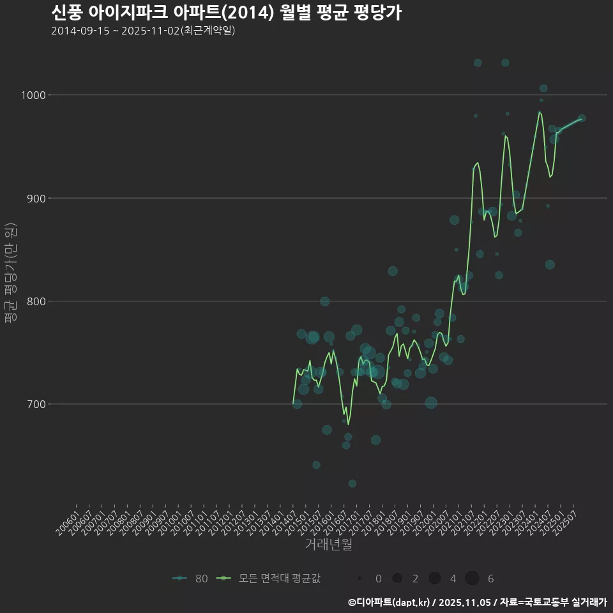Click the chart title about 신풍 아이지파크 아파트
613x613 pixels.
(226, 13)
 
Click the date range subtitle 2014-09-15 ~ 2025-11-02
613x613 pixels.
(143, 31)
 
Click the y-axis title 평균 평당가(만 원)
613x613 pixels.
(10, 275)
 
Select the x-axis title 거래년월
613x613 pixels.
(328, 544)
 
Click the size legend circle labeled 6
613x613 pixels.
(473, 579)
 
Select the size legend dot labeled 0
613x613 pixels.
(360, 579)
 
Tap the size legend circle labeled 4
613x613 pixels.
(435, 579)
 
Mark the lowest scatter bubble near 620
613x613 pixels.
(352, 483)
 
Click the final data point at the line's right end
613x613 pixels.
(581, 118)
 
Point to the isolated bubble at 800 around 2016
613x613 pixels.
(325, 301)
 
